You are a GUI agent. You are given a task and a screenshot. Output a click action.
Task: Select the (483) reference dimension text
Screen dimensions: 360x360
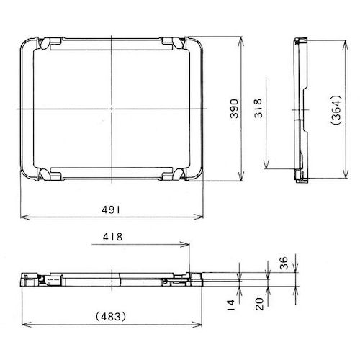112,315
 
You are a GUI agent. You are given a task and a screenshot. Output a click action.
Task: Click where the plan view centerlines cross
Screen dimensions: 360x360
112,109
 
